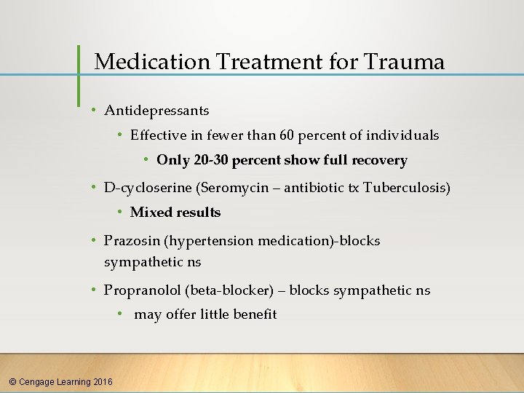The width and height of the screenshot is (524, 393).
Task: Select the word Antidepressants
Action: click(x=156, y=111)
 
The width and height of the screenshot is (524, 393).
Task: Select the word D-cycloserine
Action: click(x=148, y=188)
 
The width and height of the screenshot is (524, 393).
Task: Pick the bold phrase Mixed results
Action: click(x=175, y=213)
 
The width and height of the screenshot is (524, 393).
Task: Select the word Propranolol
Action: click(x=143, y=290)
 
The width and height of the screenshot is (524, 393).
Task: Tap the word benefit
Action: click(x=254, y=314)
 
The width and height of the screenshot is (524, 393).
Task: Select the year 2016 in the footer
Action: click(x=103, y=381)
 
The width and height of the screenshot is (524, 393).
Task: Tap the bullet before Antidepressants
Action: click(x=94, y=111)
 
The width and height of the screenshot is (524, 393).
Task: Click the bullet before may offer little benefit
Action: click(x=120, y=314)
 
